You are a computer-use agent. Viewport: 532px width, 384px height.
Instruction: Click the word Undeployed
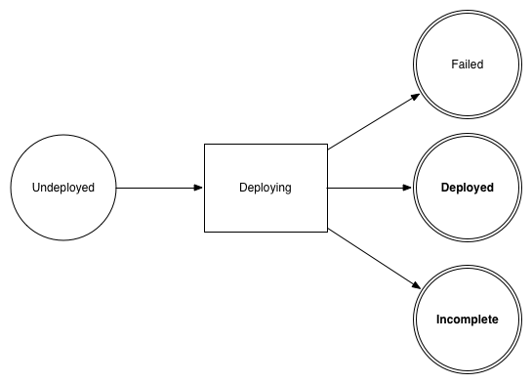pos(63,188)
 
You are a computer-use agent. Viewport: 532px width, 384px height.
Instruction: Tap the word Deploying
pos(265,188)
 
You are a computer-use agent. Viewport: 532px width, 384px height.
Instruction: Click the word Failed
pos(467,64)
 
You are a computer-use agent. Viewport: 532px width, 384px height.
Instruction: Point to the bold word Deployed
pos(467,188)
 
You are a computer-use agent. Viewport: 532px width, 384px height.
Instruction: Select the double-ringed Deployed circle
pos(467,156)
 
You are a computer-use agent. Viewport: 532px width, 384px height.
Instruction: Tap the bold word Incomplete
pos(467,320)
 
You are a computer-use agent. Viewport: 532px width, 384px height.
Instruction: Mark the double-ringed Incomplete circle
pos(467,288)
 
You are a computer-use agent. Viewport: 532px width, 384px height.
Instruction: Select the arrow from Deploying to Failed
pos(371,122)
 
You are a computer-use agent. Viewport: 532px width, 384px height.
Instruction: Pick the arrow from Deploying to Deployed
pos(366,188)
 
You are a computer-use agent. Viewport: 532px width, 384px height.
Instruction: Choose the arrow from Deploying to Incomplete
pos(371,257)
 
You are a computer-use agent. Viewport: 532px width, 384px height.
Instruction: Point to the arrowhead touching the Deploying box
pos(197,188)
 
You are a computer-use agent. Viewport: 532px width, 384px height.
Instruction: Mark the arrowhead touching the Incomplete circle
pos(416,285)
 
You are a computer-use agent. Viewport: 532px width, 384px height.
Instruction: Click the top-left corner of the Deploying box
pos(203,144)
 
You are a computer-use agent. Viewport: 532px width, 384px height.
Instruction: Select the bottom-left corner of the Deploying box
pos(203,232)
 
